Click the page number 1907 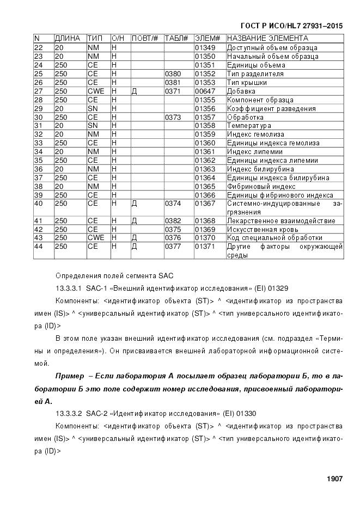click(x=334, y=479)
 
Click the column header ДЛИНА click(x=68, y=39)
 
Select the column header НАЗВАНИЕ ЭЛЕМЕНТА click(x=267, y=39)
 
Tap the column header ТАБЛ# click(x=176, y=39)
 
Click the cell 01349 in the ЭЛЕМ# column click(x=205, y=48)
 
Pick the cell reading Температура click(x=249, y=126)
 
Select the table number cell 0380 click(x=173, y=73)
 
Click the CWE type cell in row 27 click(x=96, y=91)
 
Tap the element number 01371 click(x=205, y=247)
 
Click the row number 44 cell click(x=39, y=247)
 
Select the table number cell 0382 click(x=173, y=220)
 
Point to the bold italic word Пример click(x=69, y=376)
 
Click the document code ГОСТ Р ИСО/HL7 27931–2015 click(x=291, y=26)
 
